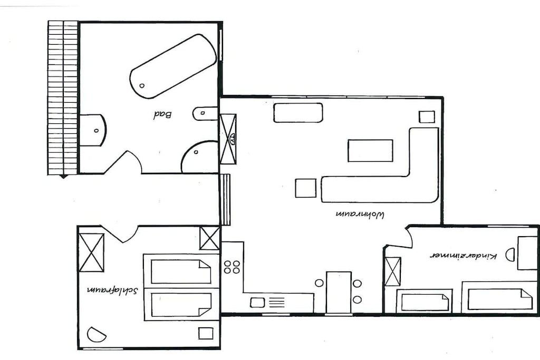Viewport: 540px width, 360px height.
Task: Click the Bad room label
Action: pyautogui.click(x=162, y=114)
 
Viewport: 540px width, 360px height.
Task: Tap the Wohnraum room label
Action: pyautogui.click(x=360, y=215)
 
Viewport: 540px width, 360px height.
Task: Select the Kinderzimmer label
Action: pyautogui.click(x=464, y=256)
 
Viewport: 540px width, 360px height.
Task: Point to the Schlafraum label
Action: pyautogui.click(x=113, y=290)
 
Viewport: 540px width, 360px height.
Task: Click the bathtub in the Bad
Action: pyautogui.click(x=173, y=66)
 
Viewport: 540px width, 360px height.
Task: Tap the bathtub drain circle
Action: pyautogui.click(x=142, y=86)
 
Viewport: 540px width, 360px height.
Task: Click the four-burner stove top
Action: pyautogui.click(x=232, y=267)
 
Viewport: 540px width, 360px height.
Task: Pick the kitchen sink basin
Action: pyautogui.click(x=257, y=303)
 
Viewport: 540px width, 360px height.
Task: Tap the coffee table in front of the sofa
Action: pyautogui.click(x=370, y=150)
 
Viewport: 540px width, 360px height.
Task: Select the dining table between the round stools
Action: pyautogui.click(x=339, y=292)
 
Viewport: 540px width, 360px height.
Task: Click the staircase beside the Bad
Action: pyautogui.click(x=63, y=98)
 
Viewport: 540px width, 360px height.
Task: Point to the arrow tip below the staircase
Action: pyautogui.click(x=63, y=178)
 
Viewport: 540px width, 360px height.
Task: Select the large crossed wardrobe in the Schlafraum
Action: pyautogui.click(x=92, y=252)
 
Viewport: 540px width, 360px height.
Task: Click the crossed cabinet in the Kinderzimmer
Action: pyautogui.click(x=392, y=271)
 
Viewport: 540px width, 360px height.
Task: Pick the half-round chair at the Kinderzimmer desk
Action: pyautogui.click(x=510, y=255)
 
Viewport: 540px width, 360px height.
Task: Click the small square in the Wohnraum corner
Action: pyautogui.click(x=427, y=117)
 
